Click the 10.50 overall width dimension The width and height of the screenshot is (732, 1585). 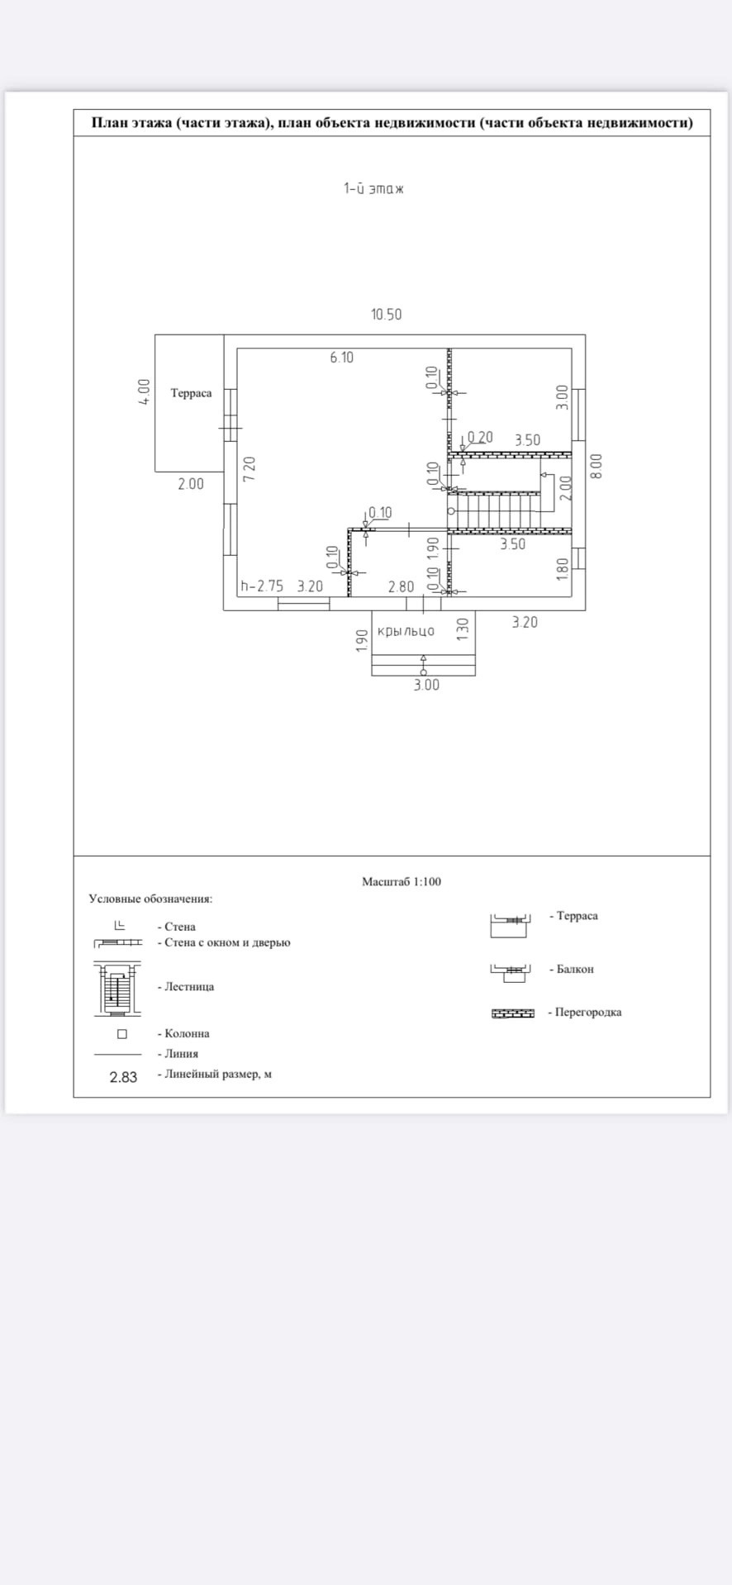pos(387,315)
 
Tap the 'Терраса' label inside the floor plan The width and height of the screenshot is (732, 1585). pos(191,393)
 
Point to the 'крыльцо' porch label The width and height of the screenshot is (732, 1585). pos(406,632)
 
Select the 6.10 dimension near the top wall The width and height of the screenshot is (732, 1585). pos(341,358)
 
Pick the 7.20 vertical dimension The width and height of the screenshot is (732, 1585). pos(249,468)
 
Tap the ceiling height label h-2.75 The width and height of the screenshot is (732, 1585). pos(262,586)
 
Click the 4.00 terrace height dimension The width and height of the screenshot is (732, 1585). pos(145,392)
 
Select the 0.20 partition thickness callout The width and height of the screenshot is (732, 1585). pos(480,437)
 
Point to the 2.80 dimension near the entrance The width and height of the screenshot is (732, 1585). pos(401,587)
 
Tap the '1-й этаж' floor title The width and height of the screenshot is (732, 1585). pos(373,188)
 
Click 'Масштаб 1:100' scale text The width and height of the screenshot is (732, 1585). pos(402,881)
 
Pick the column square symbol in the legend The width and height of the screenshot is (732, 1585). pos(122,1034)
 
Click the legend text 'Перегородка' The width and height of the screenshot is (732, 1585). pos(588,1013)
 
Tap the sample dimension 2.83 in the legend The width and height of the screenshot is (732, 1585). pos(123,1077)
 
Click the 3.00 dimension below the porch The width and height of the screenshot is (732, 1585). pos(426,685)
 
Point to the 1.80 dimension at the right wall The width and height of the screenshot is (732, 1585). pos(563,568)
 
